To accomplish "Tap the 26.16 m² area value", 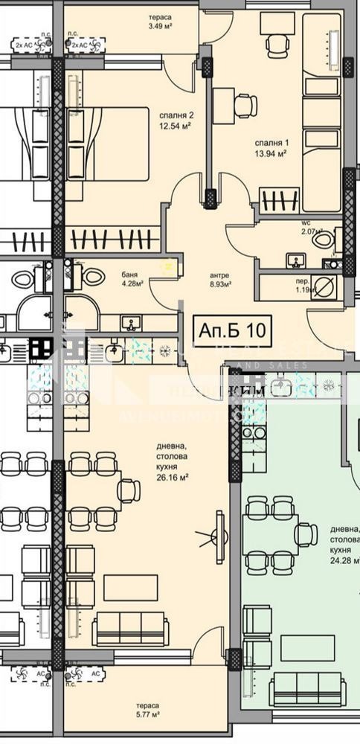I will coord(170,477).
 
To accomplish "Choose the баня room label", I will coord(129,273).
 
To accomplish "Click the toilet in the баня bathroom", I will coord(92,275).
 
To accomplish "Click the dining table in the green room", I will coord(271,534).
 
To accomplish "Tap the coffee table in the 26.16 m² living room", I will coord(130,587).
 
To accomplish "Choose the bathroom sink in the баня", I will coord(132,324).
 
